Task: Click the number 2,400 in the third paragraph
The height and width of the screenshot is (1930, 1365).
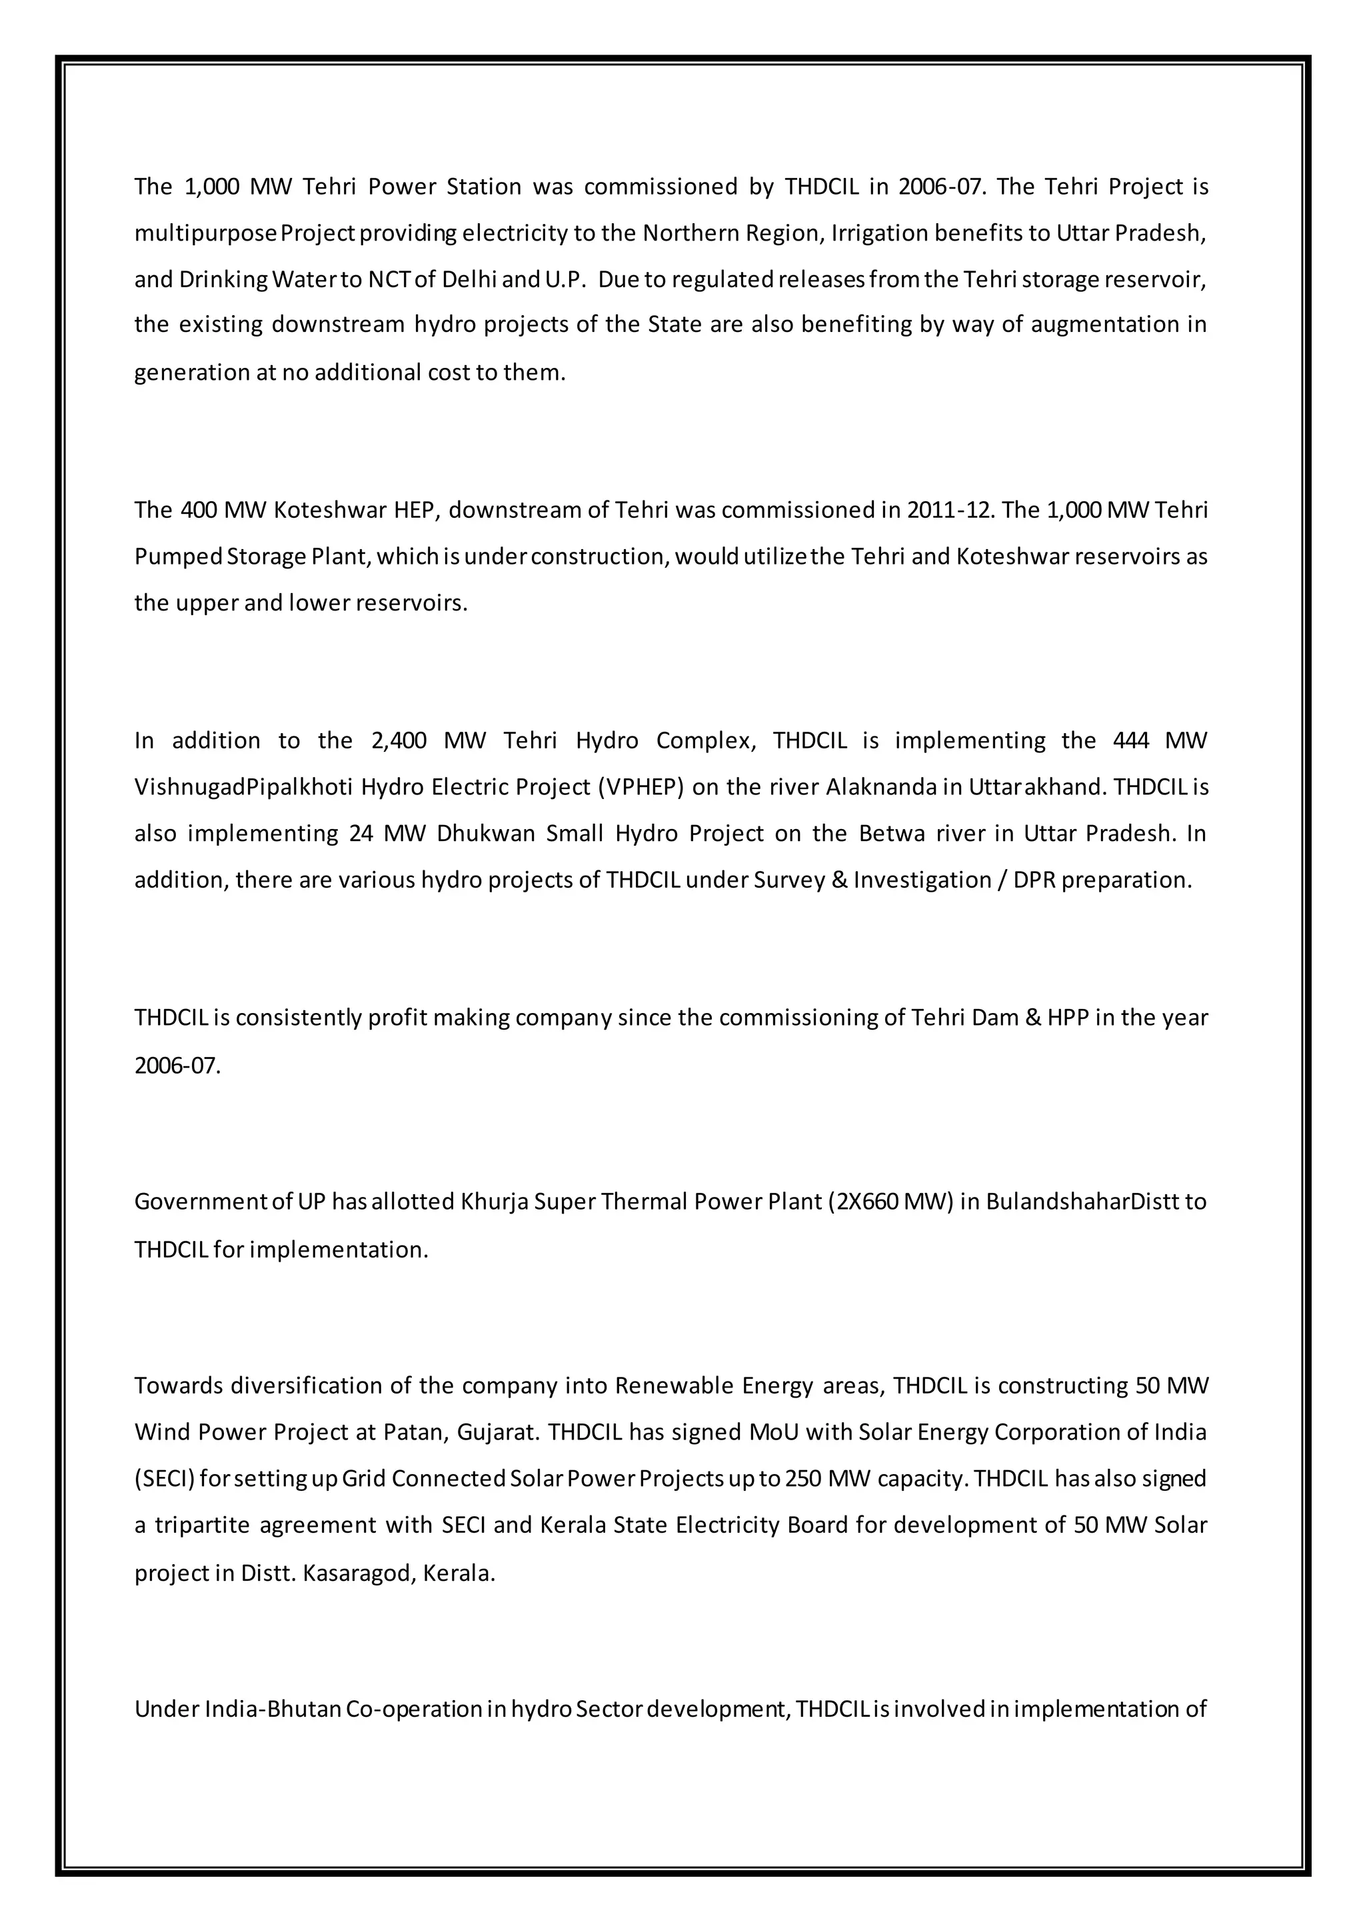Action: (399, 740)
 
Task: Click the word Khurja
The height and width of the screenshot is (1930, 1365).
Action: (495, 1202)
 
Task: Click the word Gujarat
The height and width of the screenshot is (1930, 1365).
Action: (497, 1432)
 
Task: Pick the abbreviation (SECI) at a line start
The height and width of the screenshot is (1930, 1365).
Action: (165, 1479)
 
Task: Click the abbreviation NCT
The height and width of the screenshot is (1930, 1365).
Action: (389, 279)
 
